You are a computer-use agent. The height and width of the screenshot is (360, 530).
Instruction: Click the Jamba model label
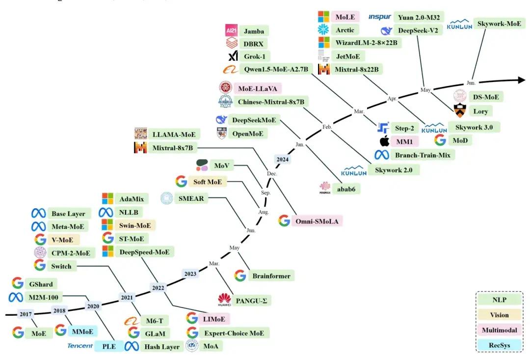point(254,31)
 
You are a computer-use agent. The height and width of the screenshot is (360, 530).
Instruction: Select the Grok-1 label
point(255,56)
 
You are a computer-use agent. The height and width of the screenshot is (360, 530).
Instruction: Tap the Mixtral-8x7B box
point(172,148)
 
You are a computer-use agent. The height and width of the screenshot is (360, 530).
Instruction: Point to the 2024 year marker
point(283,159)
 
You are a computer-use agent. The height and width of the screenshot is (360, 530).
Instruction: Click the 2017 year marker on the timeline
point(26,314)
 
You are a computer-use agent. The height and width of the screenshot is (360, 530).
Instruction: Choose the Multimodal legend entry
point(499,330)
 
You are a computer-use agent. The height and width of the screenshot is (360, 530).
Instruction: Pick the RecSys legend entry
point(499,345)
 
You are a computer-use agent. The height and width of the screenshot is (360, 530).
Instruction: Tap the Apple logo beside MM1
point(385,141)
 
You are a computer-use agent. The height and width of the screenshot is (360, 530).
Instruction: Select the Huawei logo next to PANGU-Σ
point(224,300)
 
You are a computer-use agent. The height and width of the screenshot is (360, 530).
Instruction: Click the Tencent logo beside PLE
point(80,346)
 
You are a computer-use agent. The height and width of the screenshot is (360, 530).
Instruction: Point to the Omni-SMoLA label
point(317,222)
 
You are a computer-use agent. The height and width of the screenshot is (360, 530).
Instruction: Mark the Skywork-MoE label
point(499,24)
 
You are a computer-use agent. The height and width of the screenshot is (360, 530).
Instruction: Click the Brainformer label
point(271,276)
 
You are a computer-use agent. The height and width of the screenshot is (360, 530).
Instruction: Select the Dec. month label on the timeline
point(272,173)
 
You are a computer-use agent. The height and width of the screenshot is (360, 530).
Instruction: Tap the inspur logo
point(379,17)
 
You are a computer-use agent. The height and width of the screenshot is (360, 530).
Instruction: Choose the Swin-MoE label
point(135,225)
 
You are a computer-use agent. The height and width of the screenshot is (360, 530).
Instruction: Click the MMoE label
point(82,332)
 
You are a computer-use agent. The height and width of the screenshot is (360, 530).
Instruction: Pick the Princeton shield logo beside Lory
point(459,111)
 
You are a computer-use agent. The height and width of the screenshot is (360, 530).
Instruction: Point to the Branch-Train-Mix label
point(423,155)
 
